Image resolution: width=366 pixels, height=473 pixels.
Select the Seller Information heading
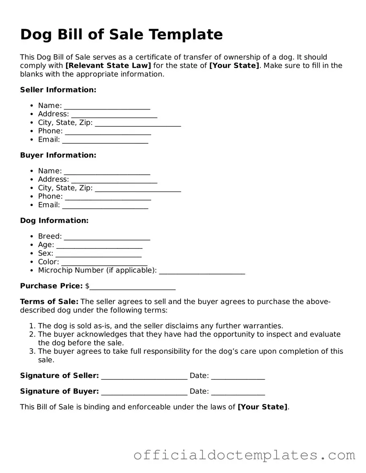tap(58, 90)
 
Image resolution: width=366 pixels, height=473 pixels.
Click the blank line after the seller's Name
tap(107, 106)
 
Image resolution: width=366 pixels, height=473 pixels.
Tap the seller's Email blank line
tap(105, 140)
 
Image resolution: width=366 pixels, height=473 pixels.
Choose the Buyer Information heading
tap(58, 155)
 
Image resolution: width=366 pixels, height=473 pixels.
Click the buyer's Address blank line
tap(114, 180)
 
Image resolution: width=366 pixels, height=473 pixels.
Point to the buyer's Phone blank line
tap(108, 197)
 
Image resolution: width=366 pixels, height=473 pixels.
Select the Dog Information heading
tap(54, 221)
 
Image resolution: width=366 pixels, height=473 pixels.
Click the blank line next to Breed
tap(107, 237)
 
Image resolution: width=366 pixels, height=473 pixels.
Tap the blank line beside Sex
tap(98, 254)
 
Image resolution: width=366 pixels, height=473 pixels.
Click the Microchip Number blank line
tap(202, 271)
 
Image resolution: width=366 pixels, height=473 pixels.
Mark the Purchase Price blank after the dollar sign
tap(133, 287)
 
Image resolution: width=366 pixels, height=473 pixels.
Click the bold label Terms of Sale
tap(49, 302)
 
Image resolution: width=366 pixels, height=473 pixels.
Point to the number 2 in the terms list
tap(32, 334)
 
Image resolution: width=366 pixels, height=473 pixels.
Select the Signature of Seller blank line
tap(144, 376)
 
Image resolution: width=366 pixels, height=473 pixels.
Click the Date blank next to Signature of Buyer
tap(238, 392)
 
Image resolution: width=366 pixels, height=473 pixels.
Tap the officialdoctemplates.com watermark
tap(244, 455)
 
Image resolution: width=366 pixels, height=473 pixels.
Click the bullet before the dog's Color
tap(32, 262)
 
